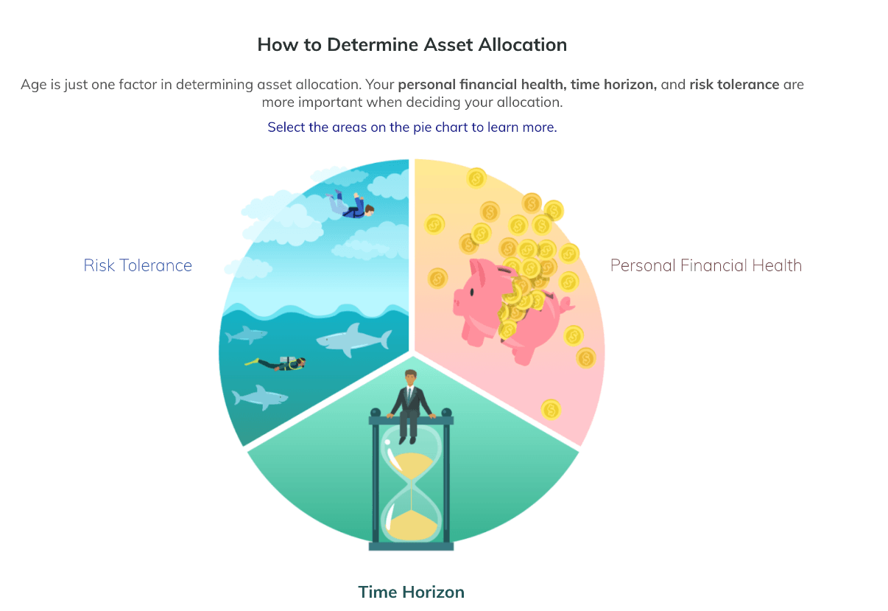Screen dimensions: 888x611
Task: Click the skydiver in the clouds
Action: click(x=350, y=205)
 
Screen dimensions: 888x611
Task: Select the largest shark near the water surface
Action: click(x=353, y=339)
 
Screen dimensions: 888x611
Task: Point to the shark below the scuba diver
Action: click(x=260, y=397)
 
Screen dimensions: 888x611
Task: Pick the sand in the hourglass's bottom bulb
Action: click(x=412, y=526)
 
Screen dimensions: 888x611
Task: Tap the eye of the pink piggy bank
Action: click(x=472, y=293)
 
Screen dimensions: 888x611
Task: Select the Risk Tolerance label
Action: click(x=138, y=265)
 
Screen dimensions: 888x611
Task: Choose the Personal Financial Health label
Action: click(x=706, y=265)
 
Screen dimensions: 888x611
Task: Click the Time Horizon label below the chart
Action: click(x=411, y=592)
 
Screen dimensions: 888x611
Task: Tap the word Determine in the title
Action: click(x=373, y=44)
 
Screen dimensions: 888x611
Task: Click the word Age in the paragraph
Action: click(x=34, y=85)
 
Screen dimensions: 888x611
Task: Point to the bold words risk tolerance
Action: click(x=734, y=85)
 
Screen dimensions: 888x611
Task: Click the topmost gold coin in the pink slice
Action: click(x=476, y=178)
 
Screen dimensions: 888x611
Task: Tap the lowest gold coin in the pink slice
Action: click(x=551, y=410)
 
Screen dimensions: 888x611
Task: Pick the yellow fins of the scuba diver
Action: click(x=251, y=361)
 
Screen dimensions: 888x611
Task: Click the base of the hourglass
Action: click(x=411, y=546)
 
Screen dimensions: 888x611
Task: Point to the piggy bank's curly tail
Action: click(x=567, y=304)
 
